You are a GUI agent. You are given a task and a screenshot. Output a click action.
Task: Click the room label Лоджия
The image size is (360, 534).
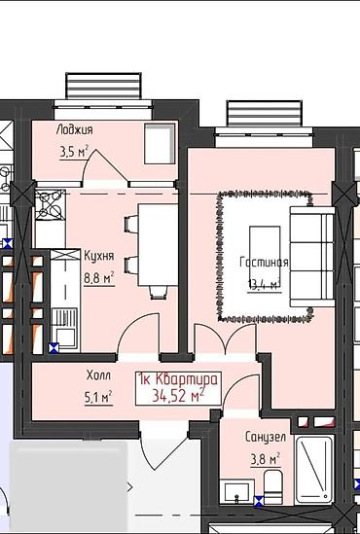pyautogui.click(x=74, y=130)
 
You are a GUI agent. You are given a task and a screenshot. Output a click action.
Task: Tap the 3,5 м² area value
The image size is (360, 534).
pyautogui.click(x=74, y=153)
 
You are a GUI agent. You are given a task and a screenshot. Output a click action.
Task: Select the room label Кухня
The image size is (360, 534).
pyautogui.click(x=99, y=256)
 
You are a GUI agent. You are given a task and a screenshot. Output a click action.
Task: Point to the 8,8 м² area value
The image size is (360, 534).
pyautogui.click(x=99, y=278)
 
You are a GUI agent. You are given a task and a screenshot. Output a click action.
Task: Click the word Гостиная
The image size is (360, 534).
pyautogui.click(x=264, y=263)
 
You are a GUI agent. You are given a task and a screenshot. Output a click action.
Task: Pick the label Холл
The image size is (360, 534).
pyautogui.click(x=98, y=375)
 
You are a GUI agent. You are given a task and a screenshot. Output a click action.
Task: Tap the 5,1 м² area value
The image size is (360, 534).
pyautogui.click(x=98, y=397)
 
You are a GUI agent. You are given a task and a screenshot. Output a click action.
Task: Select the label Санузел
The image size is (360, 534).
pyautogui.click(x=266, y=438)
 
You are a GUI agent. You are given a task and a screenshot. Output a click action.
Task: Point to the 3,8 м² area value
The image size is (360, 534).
pyautogui.click(x=266, y=459)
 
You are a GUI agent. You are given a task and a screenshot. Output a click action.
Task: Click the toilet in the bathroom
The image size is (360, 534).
pyautogui.click(x=272, y=487)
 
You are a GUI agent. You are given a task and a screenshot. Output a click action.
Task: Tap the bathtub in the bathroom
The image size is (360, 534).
pyautogui.click(x=314, y=470)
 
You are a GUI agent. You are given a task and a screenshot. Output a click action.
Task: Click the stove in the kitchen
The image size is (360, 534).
pyautogui.click(x=50, y=205)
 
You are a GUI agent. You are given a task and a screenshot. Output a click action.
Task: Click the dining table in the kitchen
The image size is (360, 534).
pyautogui.click(x=158, y=245)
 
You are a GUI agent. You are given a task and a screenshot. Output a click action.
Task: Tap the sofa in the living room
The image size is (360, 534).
pyautogui.click(x=312, y=257)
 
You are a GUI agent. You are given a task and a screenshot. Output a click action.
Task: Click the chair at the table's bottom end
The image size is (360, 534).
pyautogui.click(x=159, y=293)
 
